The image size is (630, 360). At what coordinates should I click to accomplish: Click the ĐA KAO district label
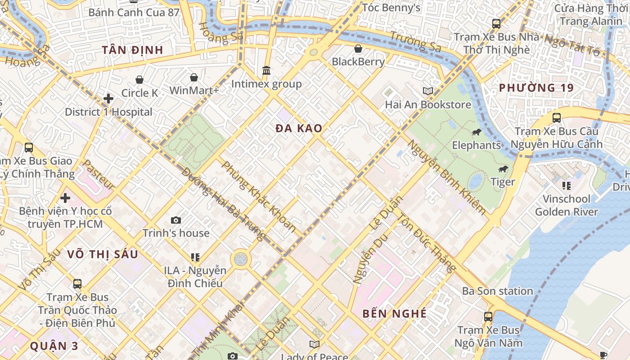coord(299,128)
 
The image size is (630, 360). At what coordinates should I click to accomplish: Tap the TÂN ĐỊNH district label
coord(132,50)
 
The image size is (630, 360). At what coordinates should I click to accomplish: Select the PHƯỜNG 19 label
coord(536,88)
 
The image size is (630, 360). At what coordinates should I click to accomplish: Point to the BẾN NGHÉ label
coord(395,314)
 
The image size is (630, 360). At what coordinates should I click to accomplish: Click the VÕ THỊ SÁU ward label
coord(103,254)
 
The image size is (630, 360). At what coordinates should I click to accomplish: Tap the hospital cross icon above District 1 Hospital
coord(108,98)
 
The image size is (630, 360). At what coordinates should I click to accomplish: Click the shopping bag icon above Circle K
coord(139,80)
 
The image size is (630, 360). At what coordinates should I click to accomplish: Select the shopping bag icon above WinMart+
coord(194,77)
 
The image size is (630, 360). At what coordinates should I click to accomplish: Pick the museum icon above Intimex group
coord(266,71)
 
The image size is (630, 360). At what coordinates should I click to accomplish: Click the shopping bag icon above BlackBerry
coord(358,48)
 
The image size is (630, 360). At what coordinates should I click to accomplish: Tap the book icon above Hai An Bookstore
coord(428,91)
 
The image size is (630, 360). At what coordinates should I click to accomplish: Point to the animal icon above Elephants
coord(477,132)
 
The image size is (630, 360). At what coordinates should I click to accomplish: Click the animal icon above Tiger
coord(503,169)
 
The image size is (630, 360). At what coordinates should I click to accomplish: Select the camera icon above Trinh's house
coord(176,220)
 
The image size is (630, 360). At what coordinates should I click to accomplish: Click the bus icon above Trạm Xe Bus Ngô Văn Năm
coord(488,316)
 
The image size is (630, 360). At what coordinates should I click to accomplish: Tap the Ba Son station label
coord(497,291)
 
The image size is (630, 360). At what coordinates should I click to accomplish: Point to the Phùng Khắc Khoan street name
coord(259,197)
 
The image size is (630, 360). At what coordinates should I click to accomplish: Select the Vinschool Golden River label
coord(566,205)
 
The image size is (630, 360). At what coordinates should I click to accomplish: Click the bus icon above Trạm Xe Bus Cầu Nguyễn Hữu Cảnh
coord(557,118)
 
